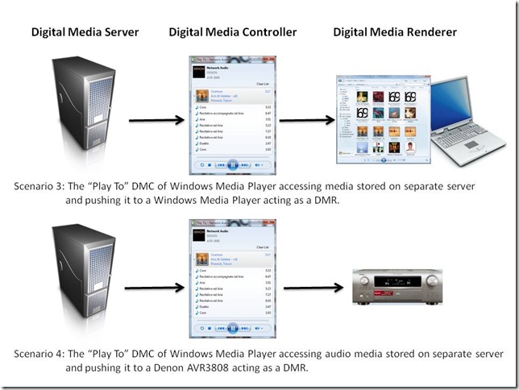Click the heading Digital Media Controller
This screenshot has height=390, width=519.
point(233,32)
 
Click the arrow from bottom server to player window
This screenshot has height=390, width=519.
point(153,285)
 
